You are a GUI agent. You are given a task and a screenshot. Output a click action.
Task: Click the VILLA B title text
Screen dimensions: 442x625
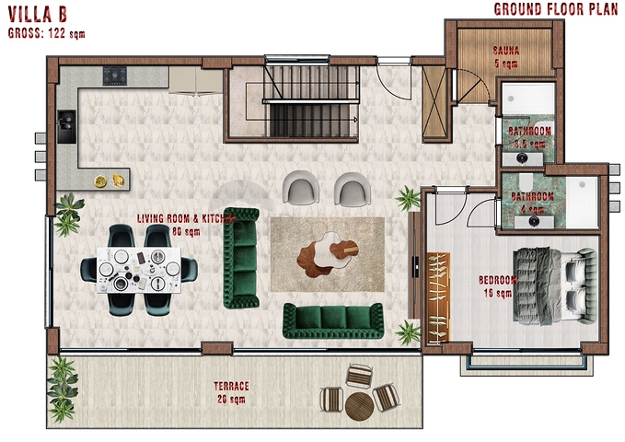tap(38, 15)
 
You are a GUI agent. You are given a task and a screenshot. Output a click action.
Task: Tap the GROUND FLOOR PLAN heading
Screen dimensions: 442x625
tap(554, 10)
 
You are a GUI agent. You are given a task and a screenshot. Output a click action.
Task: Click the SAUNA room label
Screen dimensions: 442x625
tap(505, 57)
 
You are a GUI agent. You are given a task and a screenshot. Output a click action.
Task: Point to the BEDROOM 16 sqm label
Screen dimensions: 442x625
tap(498, 286)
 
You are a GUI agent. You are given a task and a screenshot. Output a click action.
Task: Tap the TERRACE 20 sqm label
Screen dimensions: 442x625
tap(231, 392)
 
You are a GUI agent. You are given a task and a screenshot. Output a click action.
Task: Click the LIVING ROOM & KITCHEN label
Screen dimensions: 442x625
tap(186, 225)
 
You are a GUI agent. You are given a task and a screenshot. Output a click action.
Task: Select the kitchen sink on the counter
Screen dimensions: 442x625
tap(66, 126)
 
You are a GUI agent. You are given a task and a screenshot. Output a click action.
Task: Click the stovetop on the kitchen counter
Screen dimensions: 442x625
tap(115, 74)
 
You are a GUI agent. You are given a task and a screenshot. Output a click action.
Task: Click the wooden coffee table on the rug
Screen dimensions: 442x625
tap(327, 254)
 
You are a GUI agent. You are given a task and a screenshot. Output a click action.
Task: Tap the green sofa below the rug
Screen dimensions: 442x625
tap(332, 320)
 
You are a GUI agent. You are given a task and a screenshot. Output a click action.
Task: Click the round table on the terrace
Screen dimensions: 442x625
tap(360, 402)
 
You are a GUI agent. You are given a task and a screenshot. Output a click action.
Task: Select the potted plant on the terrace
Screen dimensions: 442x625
tap(63, 379)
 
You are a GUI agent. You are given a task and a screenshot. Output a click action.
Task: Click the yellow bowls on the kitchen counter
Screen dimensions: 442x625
tap(109, 180)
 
